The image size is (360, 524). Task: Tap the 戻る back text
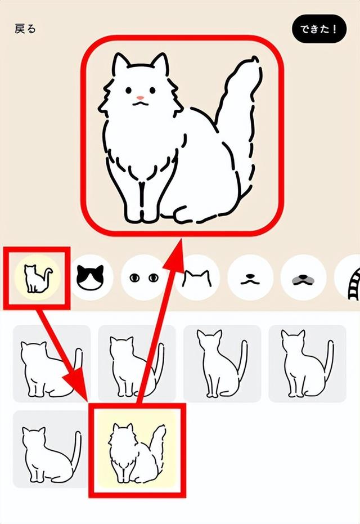[x=25, y=29]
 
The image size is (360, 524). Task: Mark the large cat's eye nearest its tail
[x=151, y=89]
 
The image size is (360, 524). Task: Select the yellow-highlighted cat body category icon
[x=37, y=277]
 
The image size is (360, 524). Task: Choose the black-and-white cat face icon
[x=90, y=277]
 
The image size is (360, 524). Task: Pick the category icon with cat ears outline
[x=197, y=277]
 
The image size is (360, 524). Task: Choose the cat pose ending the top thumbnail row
[x=304, y=363]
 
